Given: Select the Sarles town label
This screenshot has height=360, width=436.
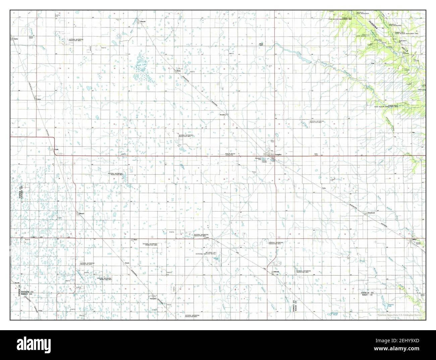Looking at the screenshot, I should pyautogui.click(x=15, y=39).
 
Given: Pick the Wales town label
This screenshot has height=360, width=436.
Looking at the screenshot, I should pyautogui.click(x=178, y=71).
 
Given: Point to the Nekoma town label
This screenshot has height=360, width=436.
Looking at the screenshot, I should pyautogui.click(x=276, y=272).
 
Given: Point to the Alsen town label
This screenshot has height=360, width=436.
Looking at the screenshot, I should pyautogui.click(x=135, y=240).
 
